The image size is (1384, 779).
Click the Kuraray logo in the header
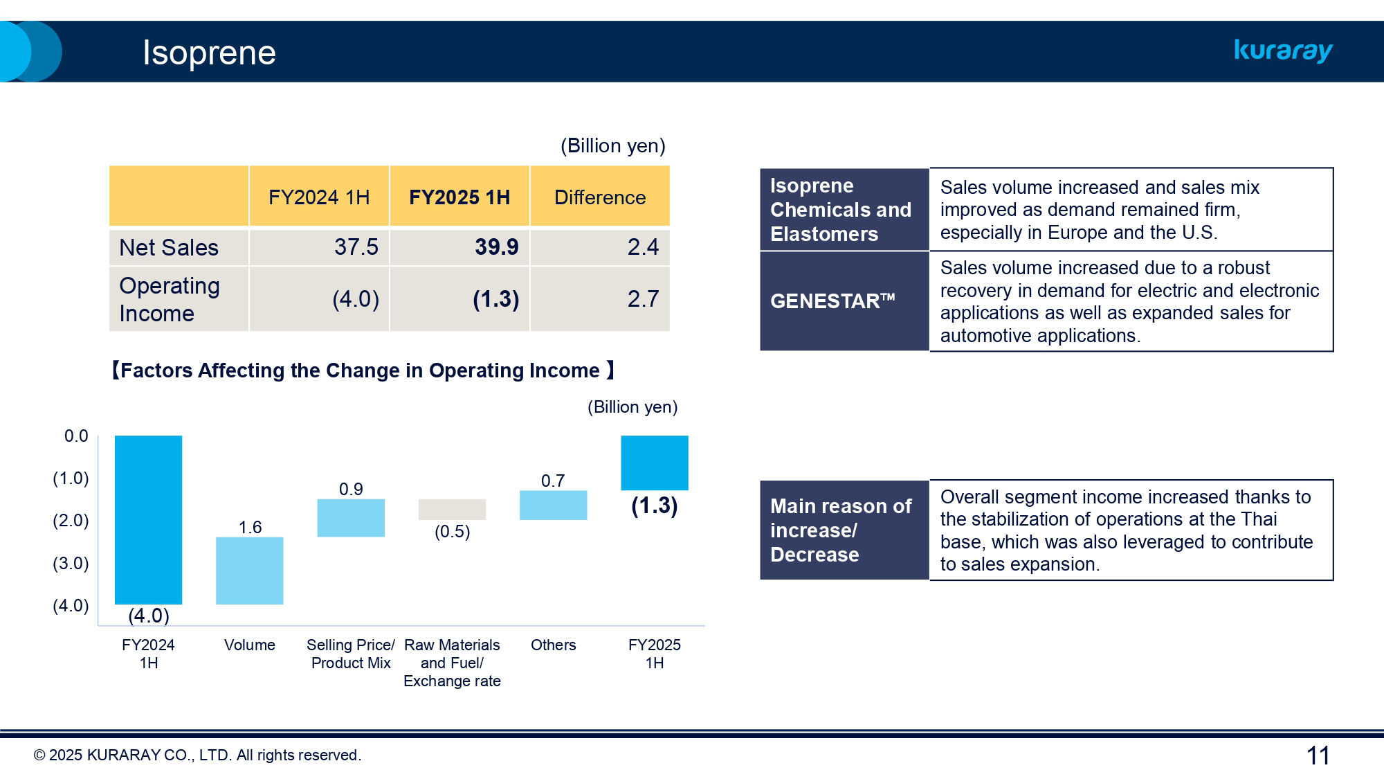click(x=1283, y=51)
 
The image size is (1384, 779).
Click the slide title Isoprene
click(x=209, y=53)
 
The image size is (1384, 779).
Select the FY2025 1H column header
click(x=459, y=197)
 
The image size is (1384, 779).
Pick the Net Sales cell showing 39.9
click(x=496, y=247)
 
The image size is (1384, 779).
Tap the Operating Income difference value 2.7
click(x=642, y=299)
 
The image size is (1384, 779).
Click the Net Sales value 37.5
click(x=356, y=247)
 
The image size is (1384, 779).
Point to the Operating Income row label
click(x=170, y=299)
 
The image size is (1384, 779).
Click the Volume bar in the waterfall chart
click(x=249, y=571)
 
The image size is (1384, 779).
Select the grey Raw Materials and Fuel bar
click(x=452, y=509)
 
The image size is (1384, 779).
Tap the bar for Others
click(x=553, y=505)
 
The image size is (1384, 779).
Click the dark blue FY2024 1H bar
click(x=148, y=519)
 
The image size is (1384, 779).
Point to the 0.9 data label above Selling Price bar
click(x=351, y=490)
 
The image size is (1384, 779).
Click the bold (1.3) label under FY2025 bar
click(x=654, y=505)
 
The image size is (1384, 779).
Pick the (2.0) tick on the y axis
click(x=71, y=521)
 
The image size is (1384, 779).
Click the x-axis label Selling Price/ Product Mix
click(x=351, y=654)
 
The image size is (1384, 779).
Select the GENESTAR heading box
click(x=844, y=301)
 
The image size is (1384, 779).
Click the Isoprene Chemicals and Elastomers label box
click(x=844, y=210)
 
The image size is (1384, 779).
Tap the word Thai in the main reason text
click(x=1258, y=519)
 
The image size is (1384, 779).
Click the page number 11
click(x=1318, y=755)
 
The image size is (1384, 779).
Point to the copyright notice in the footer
click(x=197, y=755)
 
